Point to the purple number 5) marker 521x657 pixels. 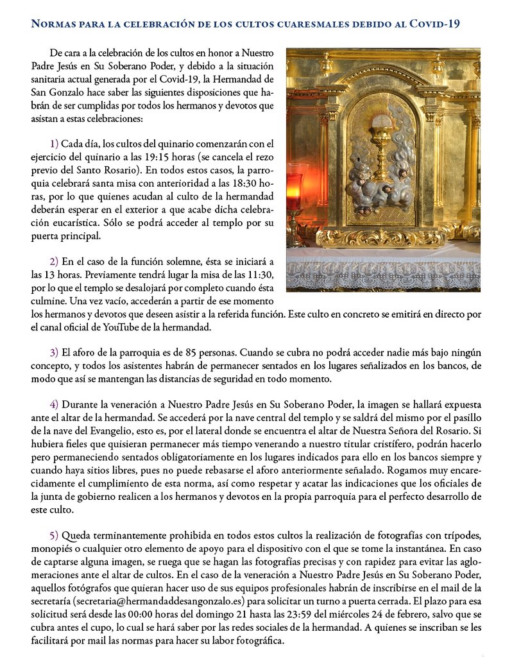[54, 535]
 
